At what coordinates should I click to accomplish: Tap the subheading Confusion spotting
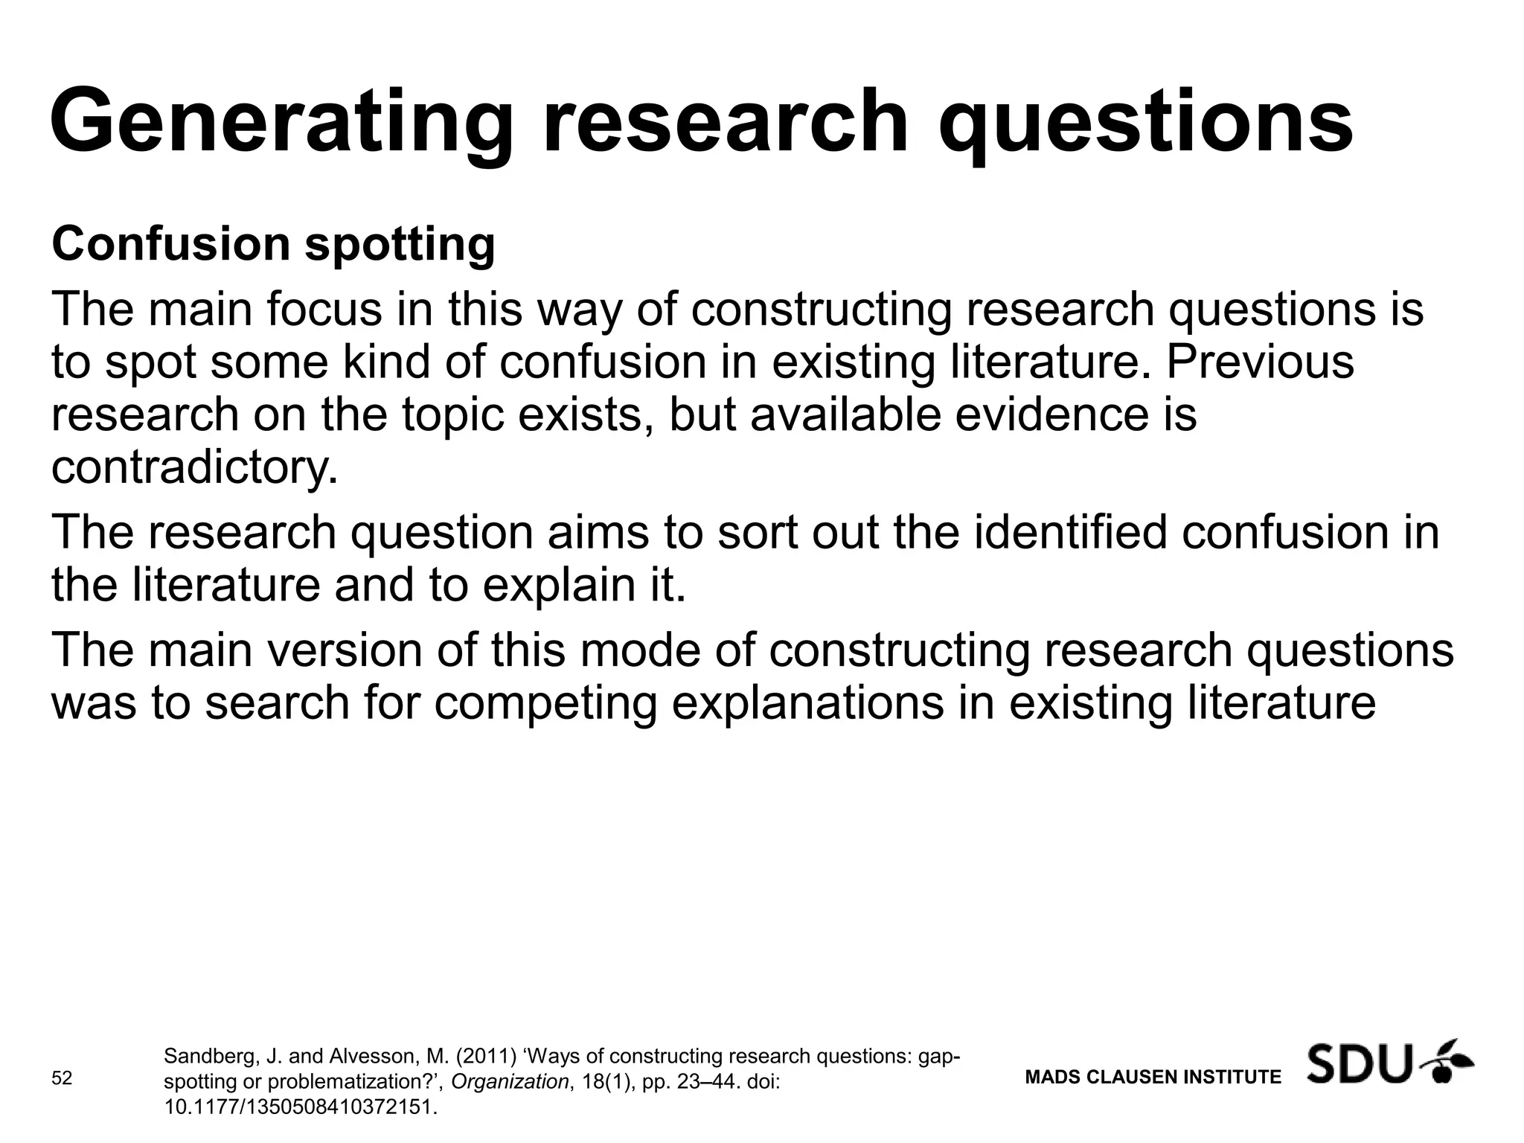(273, 244)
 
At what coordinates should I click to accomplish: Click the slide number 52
(62, 1078)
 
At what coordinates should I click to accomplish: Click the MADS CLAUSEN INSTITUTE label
(1153, 1077)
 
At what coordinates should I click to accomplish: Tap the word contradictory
(194, 467)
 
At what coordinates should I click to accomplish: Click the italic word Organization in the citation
(510, 1082)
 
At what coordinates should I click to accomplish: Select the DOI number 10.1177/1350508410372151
(300, 1107)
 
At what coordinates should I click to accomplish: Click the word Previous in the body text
(1260, 362)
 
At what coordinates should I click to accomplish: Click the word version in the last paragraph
(337, 650)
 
